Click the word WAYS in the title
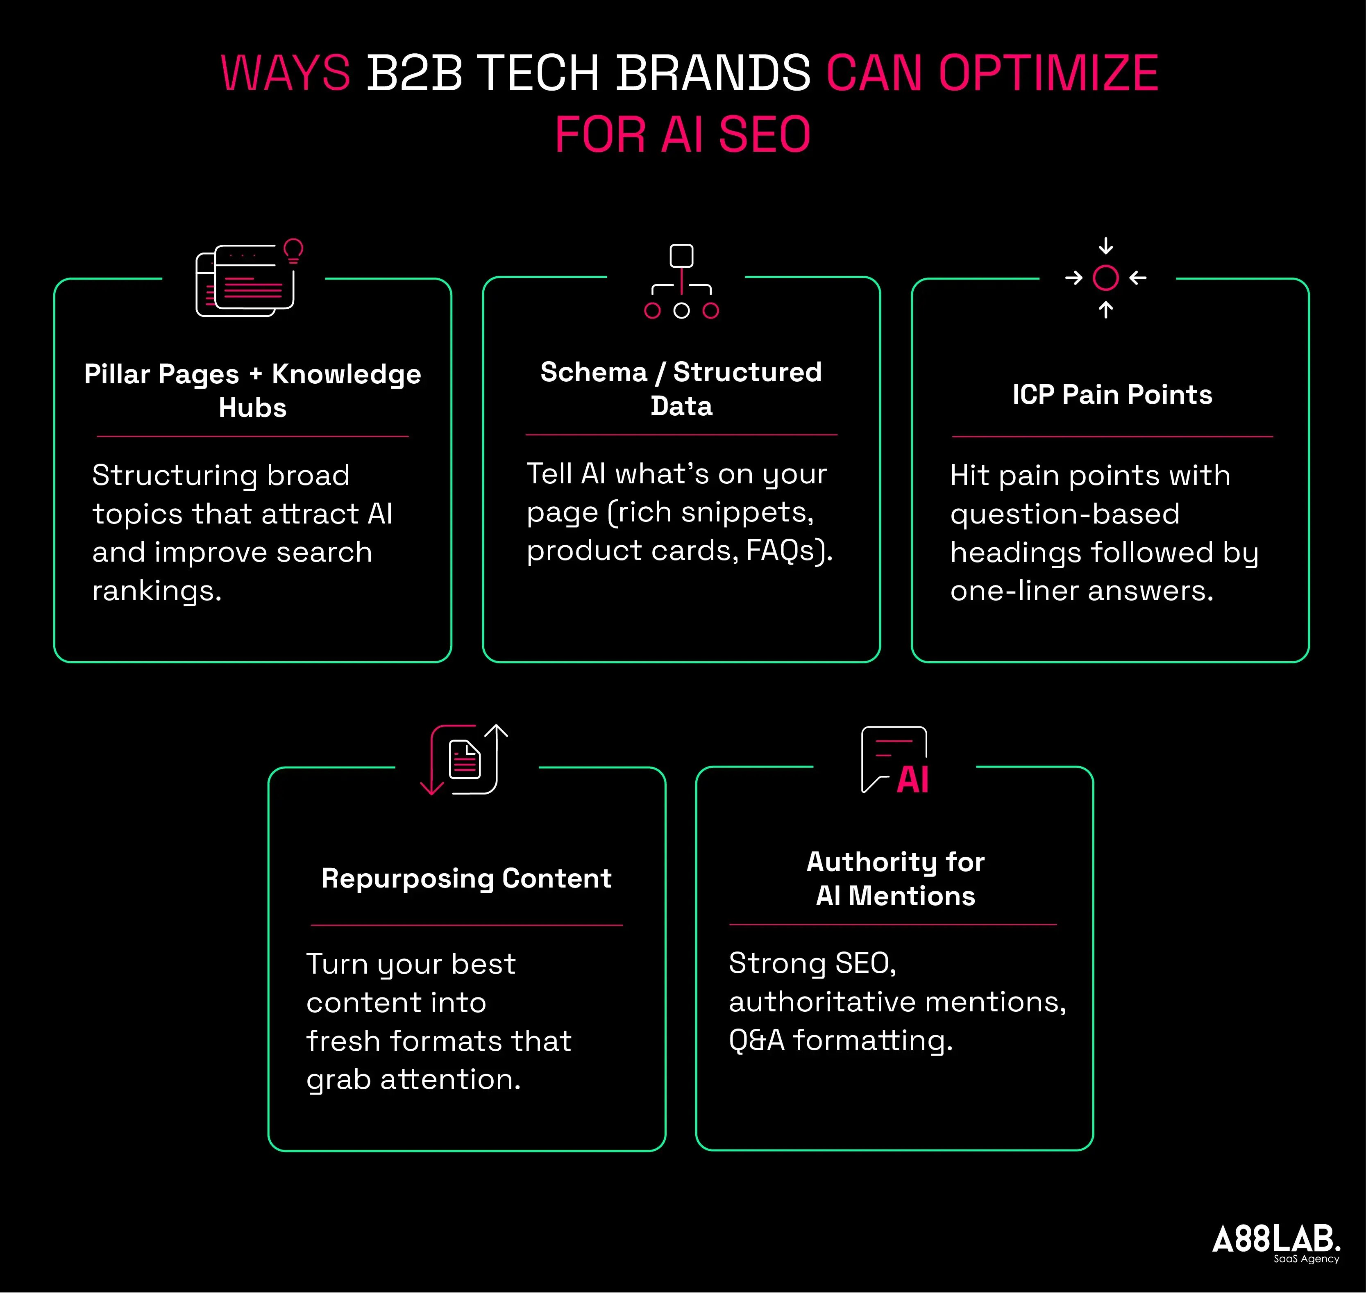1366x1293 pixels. point(285,73)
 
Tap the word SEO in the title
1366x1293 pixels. point(764,134)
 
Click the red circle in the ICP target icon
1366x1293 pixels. point(1105,278)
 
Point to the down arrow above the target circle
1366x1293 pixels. point(1105,246)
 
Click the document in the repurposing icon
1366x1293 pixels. point(464,760)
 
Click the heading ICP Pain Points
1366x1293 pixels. point(1112,394)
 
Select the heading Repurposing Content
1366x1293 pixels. point(466,878)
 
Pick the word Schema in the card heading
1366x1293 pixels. point(593,372)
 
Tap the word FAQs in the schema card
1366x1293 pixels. point(783,550)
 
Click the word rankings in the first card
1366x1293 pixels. point(157,591)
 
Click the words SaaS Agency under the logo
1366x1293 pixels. point(1306,1259)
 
